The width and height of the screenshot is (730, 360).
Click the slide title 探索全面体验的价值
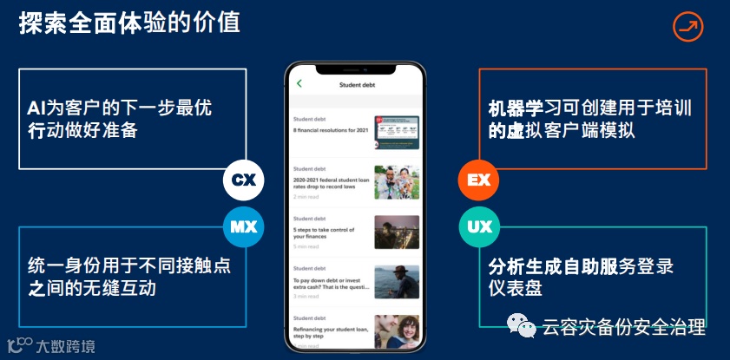pyautogui.click(x=130, y=23)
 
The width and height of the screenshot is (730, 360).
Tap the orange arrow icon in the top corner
pyautogui.click(x=687, y=27)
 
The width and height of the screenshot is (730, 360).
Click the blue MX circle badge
pyautogui.click(x=243, y=227)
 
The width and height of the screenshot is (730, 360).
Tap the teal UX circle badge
pyautogui.click(x=479, y=227)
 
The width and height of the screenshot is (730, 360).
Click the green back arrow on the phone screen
pyautogui.click(x=299, y=84)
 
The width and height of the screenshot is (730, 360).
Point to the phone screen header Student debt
pyautogui.click(x=358, y=85)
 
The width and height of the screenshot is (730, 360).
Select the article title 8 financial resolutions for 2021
pyautogui.click(x=331, y=129)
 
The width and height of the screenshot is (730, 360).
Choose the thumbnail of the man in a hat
pyautogui.click(x=397, y=282)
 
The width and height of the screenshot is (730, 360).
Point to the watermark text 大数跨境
pyautogui.click(x=65, y=346)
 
